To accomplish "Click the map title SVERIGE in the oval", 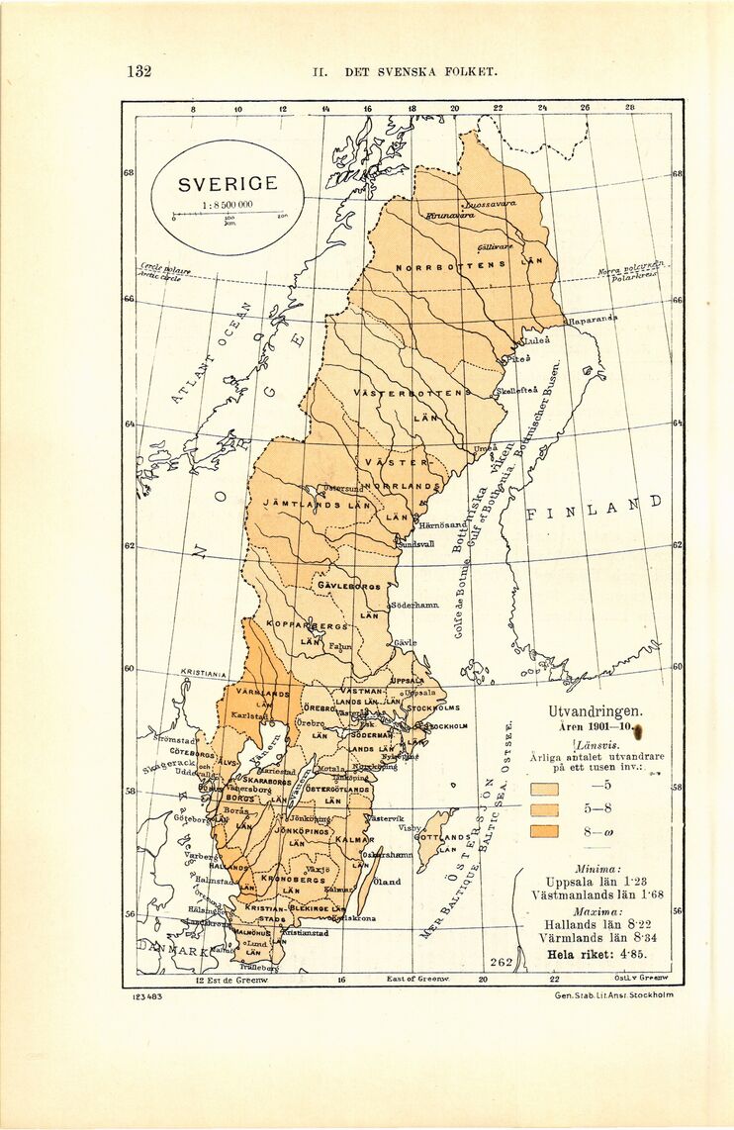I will (228, 185).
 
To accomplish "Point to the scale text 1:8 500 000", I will (228, 205).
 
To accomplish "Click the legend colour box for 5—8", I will (545, 809).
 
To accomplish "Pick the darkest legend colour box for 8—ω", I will (545, 831).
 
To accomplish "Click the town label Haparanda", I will (591, 322).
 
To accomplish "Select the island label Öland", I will (387, 882).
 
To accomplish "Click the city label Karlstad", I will (249, 715).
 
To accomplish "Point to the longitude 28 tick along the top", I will (628, 107).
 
